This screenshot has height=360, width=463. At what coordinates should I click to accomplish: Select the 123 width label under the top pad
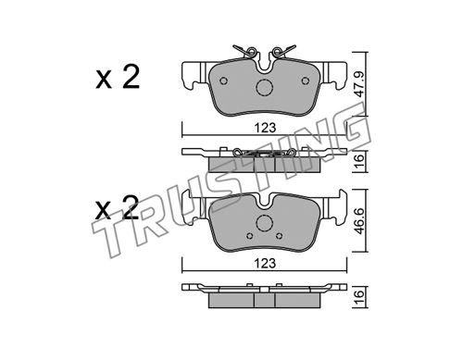[265, 128]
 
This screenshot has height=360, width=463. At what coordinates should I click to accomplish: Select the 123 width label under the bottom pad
[265, 264]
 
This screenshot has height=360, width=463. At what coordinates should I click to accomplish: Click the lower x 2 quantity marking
[117, 207]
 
